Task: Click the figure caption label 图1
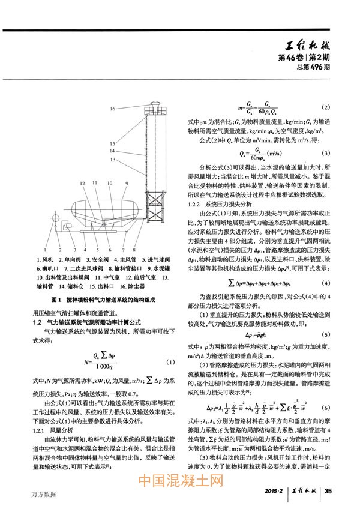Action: (58, 298)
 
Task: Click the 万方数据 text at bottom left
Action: (42, 495)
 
